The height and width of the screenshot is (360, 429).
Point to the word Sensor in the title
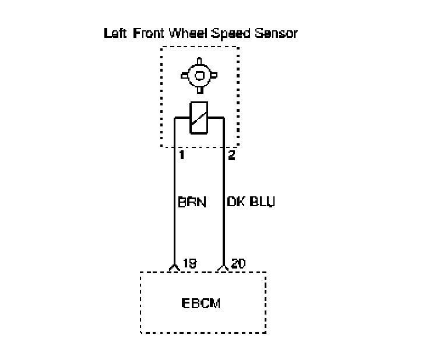click(x=277, y=33)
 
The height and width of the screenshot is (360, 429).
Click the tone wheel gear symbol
click(x=199, y=75)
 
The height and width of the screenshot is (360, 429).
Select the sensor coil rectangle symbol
click(x=199, y=118)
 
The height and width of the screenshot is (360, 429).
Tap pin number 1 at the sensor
click(x=182, y=156)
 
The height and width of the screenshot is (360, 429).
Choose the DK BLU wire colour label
click(x=250, y=203)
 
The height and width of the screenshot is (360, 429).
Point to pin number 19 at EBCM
click(x=189, y=263)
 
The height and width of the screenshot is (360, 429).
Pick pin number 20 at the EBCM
click(x=239, y=263)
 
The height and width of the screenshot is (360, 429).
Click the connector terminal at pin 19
click(x=174, y=269)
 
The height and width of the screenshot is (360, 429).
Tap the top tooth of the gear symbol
click(x=199, y=60)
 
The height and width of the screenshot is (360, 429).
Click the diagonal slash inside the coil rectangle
click(x=199, y=118)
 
